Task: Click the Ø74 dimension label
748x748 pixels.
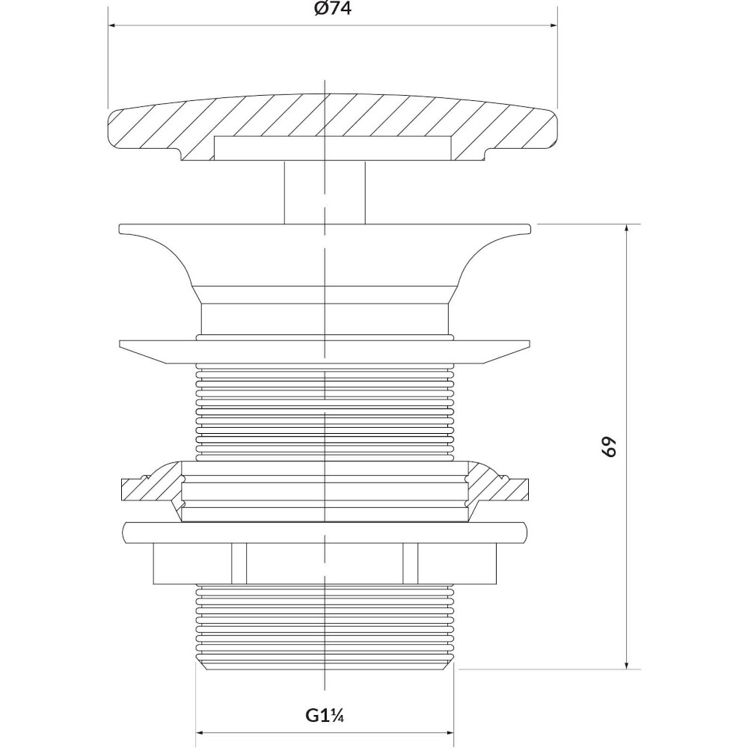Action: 333,9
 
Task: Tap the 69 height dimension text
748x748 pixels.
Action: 609,447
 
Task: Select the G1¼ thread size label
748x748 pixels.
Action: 325,716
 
